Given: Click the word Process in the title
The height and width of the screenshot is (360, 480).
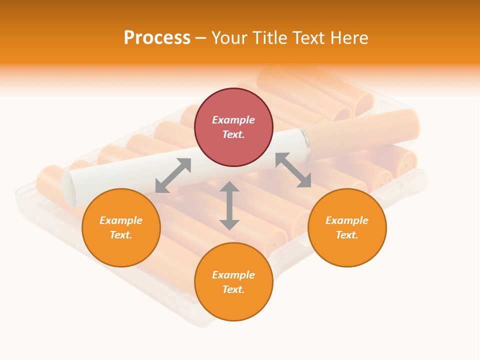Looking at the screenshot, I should tap(157, 37).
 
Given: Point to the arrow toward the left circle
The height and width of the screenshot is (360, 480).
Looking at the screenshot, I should tap(173, 175).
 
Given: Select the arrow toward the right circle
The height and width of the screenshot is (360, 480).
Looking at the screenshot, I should tap(293, 170).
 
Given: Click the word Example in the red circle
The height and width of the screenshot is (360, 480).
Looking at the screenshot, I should tap(233, 120).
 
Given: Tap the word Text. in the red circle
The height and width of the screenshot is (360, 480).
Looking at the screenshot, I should tap(233, 134).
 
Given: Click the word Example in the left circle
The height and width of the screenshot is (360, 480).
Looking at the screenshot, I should tap(121, 220).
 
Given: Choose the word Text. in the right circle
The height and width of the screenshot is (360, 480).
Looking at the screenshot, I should tap(347, 235).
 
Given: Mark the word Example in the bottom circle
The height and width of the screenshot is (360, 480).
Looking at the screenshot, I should tap(233, 275).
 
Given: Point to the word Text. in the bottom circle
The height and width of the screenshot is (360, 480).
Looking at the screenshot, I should tap(233, 289).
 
